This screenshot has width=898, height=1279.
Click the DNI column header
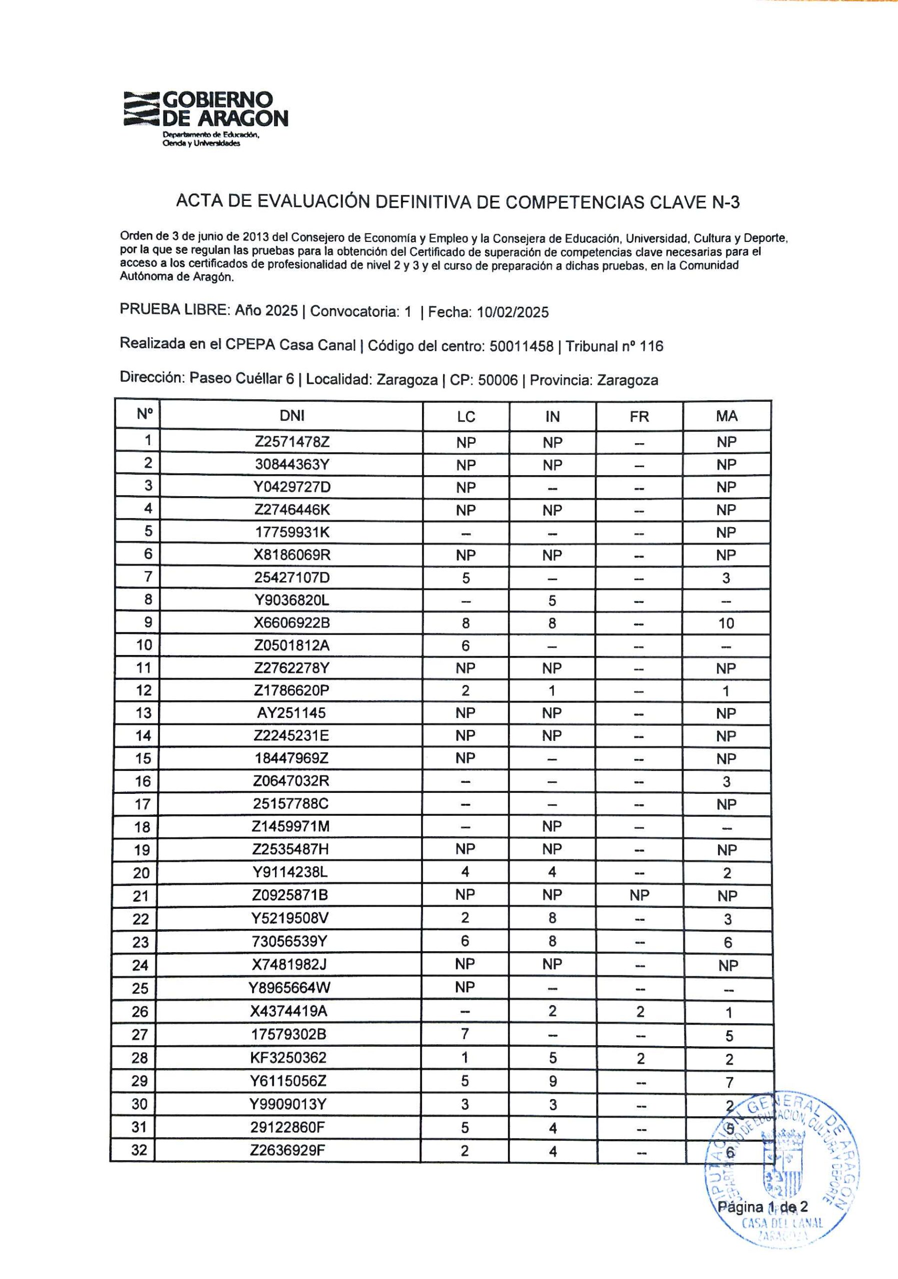(x=292, y=416)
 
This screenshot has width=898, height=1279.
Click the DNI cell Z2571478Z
(x=292, y=442)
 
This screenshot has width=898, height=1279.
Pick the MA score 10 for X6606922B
(x=726, y=623)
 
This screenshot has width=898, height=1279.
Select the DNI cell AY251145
(x=291, y=713)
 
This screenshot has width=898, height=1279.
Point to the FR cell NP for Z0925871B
(x=639, y=895)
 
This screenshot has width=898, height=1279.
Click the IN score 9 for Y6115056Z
(x=552, y=1081)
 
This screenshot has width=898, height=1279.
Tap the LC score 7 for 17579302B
(x=465, y=1034)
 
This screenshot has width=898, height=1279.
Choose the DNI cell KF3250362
(x=288, y=1057)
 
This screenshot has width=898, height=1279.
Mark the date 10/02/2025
(x=512, y=312)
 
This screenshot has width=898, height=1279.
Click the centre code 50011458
(x=521, y=347)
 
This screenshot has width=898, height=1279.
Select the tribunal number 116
(x=651, y=347)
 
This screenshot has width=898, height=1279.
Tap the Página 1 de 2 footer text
(x=762, y=1207)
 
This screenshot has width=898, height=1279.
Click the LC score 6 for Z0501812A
(x=465, y=645)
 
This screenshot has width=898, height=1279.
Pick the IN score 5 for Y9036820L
(x=552, y=601)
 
